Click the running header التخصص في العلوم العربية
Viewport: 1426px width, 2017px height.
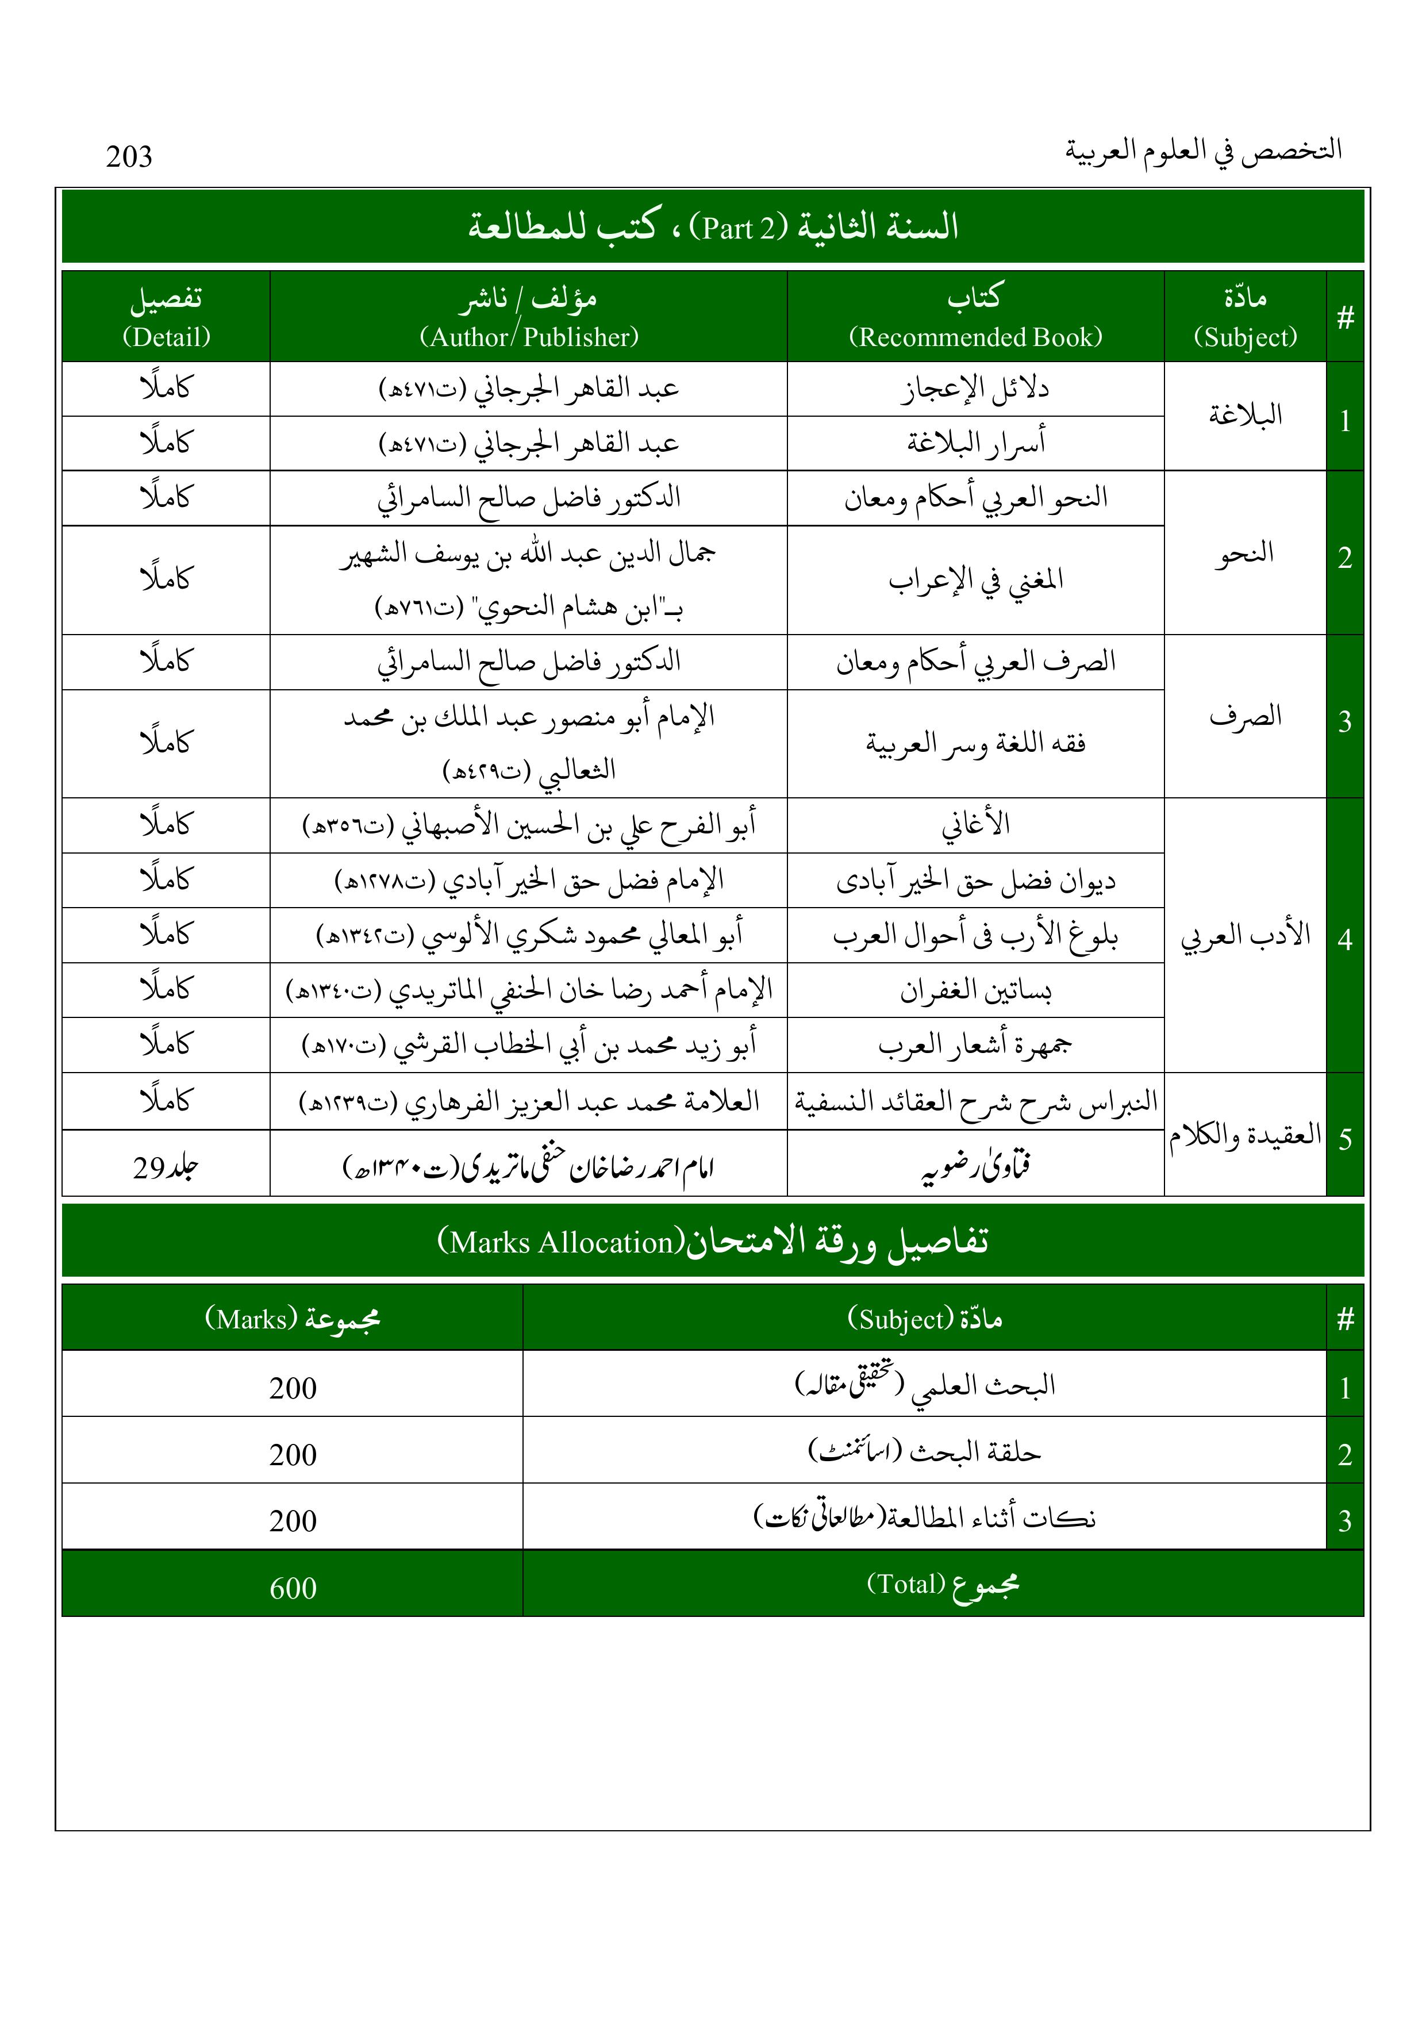coord(1204,150)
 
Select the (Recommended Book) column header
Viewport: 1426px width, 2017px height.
coord(975,337)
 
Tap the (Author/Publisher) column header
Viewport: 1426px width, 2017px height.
coord(529,337)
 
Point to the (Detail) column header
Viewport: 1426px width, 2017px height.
coord(166,337)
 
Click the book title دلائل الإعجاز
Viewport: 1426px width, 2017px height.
coord(975,389)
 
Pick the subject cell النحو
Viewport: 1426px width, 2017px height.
coord(1245,554)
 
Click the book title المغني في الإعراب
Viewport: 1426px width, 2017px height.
coord(975,580)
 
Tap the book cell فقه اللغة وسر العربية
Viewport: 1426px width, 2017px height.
coord(975,743)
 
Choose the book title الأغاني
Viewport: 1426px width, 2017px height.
coord(975,825)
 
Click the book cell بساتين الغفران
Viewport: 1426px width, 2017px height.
coord(975,990)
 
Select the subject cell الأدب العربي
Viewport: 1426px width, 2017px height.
coord(1245,936)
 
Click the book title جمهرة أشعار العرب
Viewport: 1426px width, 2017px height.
coord(975,1044)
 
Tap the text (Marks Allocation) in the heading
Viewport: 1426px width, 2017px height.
coord(560,1242)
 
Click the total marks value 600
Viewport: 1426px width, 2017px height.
coord(293,1588)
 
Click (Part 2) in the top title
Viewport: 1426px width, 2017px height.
coord(739,228)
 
